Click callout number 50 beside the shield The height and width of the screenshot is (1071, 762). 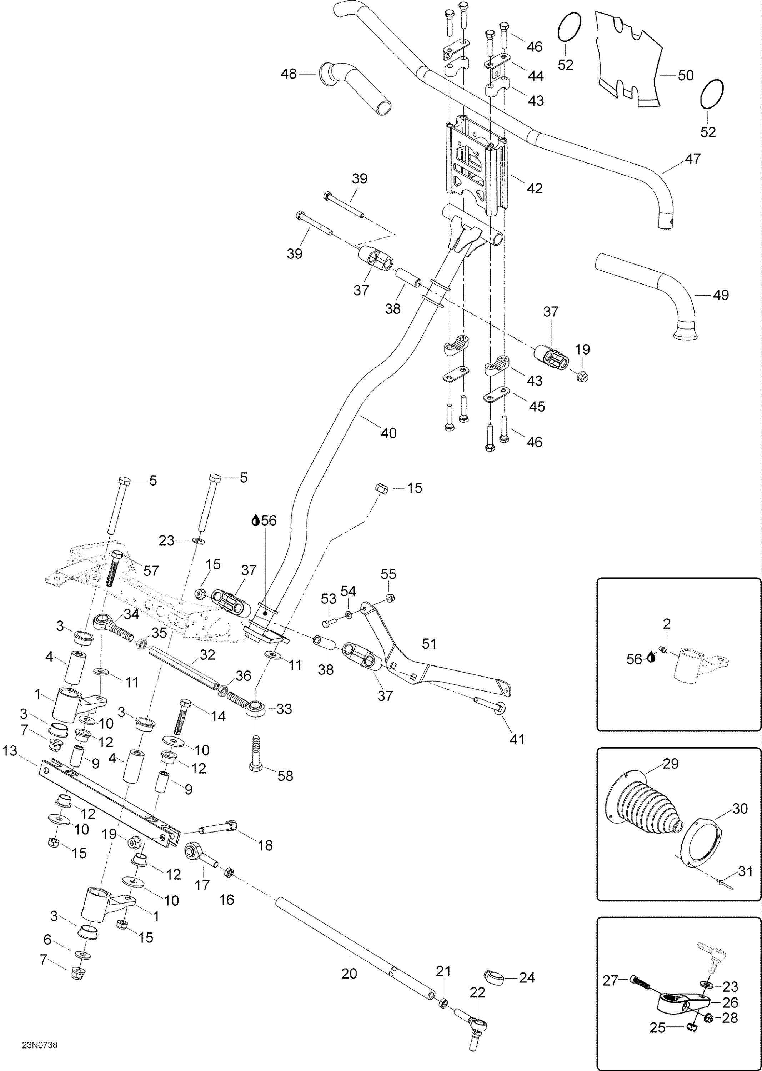coord(686,76)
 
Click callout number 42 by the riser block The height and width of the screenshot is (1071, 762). coord(535,188)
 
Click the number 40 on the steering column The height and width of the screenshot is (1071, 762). coord(388,433)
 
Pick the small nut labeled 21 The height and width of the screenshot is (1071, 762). coord(442,1004)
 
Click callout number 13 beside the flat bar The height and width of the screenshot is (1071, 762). coord(10,751)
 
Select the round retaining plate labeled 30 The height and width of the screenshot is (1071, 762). coord(700,843)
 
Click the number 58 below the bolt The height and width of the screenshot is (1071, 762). coord(285,776)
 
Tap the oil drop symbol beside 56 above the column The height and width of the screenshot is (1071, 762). coord(256,520)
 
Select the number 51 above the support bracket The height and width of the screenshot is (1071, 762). coord(429,644)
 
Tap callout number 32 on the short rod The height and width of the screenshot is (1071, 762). coord(207,655)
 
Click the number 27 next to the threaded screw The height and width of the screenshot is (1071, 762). coord(610,980)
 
